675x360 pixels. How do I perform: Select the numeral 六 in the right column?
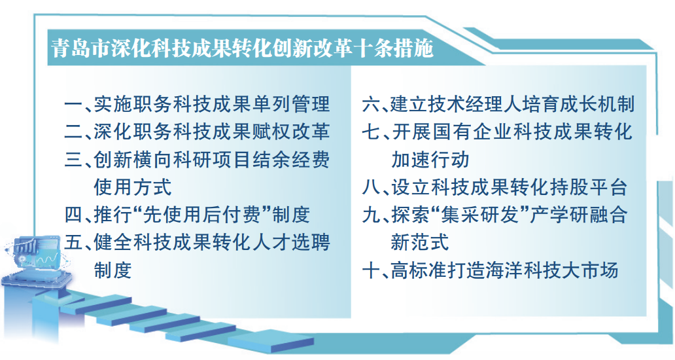click(370, 104)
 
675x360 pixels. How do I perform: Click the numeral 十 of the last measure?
click(370, 271)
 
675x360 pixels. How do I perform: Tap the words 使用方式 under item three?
click(133, 187)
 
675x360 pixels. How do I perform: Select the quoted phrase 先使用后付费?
click(201, 215)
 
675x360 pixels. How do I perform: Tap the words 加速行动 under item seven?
click(430, 160)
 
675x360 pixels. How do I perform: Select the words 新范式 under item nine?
click(420, 242)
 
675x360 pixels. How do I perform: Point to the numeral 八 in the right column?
click(370, 187)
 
